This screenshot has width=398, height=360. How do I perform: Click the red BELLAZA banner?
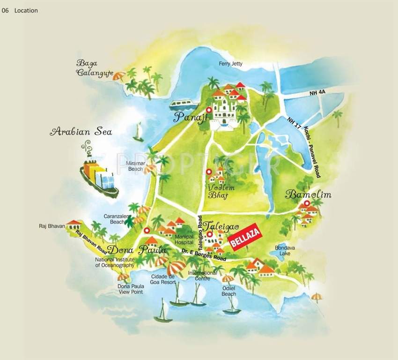pos(245,239)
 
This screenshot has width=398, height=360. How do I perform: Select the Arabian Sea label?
pos(81,132)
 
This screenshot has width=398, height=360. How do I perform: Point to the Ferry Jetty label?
pos(231,64)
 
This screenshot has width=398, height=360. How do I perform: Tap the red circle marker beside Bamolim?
pos(307,203)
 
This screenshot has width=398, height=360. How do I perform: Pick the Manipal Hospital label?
pos(184,240)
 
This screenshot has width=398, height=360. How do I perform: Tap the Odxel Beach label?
pos(229,291)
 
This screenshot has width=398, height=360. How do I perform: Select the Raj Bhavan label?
pos(52,226)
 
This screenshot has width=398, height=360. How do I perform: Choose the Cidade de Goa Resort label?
pos(162,279)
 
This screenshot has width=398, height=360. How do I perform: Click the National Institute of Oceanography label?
pos(115,262)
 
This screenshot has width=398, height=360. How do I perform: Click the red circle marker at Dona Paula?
pos(147,230)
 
